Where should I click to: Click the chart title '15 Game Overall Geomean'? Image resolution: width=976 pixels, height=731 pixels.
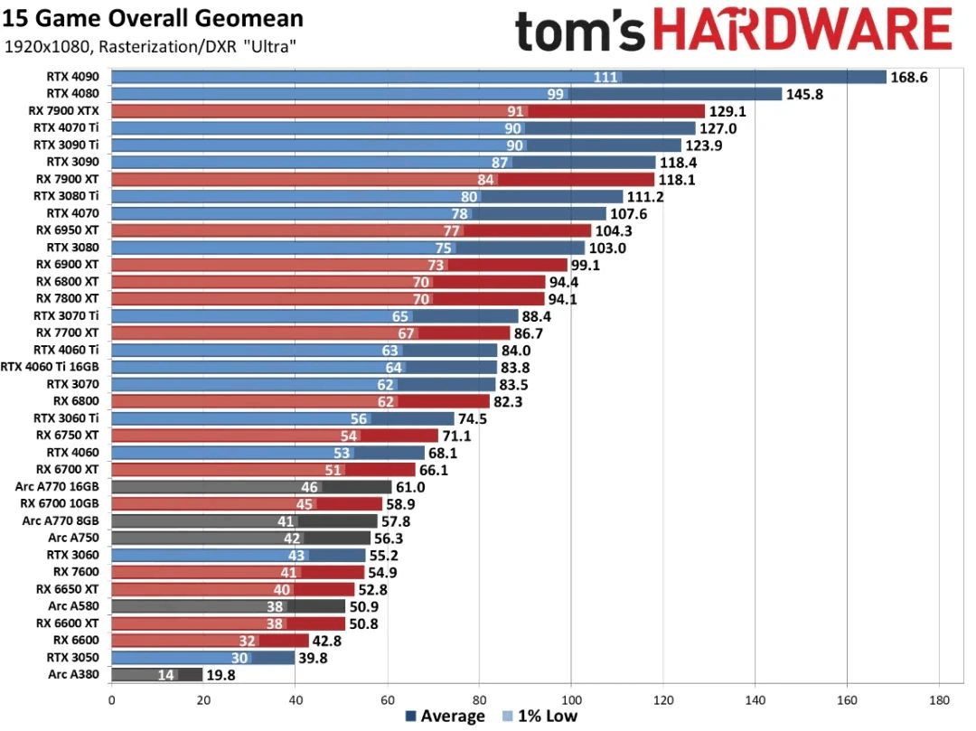(153, 18)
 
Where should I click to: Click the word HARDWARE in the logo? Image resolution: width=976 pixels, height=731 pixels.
(802, 31)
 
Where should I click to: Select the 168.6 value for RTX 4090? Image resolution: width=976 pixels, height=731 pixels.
(910, 77)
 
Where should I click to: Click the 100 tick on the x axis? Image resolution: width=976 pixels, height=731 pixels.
(571, 698)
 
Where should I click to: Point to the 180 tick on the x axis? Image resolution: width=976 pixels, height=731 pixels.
(939, 698)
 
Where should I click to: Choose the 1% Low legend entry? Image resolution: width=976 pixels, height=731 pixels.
(539, 717)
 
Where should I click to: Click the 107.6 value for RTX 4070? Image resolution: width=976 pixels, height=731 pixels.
(630, 213)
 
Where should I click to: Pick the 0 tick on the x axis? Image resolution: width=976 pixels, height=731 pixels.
(111, 698)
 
